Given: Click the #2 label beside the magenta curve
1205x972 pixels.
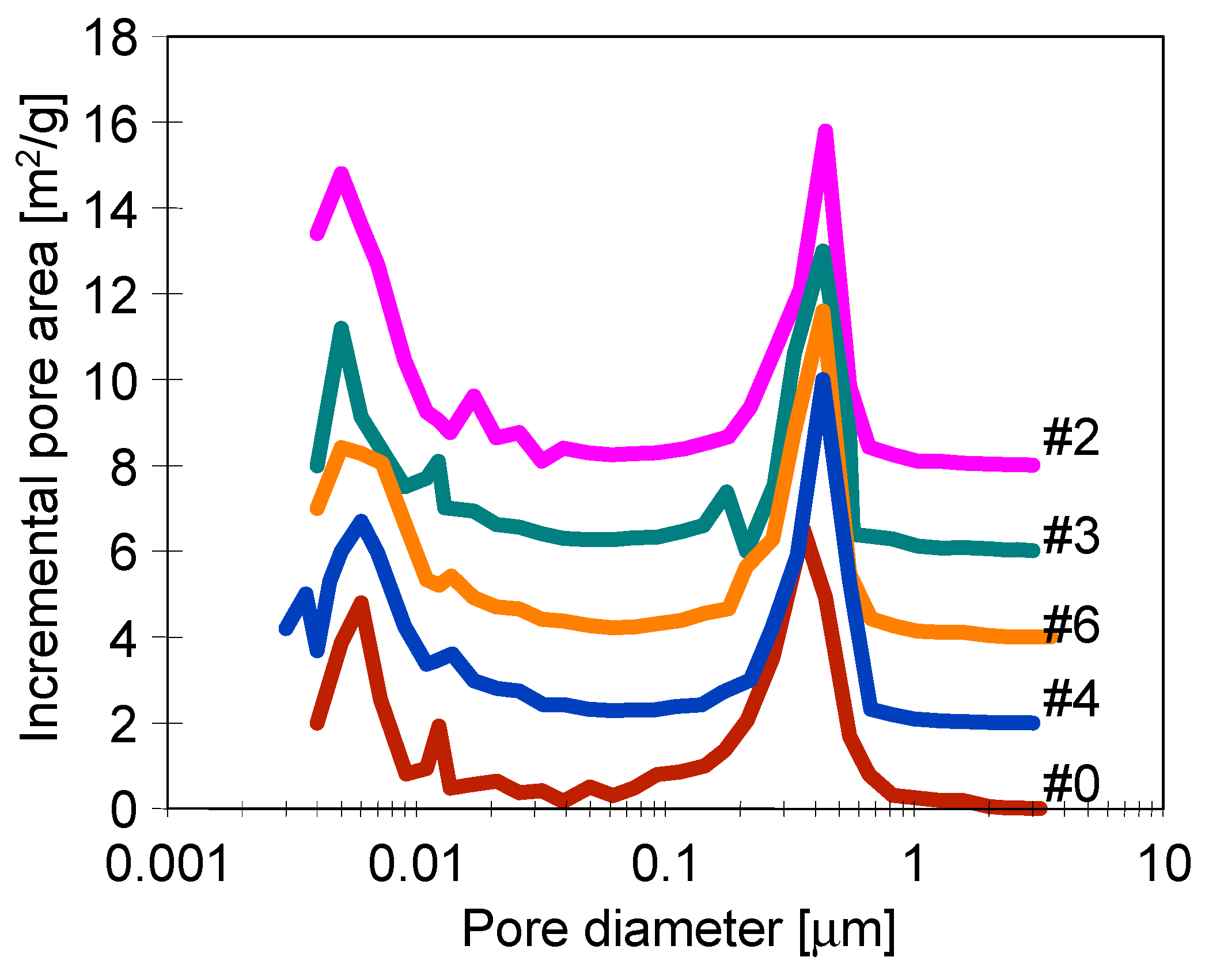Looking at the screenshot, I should coord(1071,438).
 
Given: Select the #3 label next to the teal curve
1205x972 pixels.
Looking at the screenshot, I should coord(1071,536).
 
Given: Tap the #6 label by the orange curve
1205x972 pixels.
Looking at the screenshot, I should coord(1071,624).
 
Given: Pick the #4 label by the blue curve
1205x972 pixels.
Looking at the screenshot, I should coord(1071,698).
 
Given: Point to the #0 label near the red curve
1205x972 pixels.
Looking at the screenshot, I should coord(1071,784).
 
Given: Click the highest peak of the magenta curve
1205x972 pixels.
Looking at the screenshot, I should coord(825,132).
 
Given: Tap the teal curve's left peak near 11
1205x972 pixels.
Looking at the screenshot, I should coord(341,329).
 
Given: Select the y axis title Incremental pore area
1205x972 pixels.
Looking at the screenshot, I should coord(40,417).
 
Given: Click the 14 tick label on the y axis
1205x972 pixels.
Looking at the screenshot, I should coord(110,210).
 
